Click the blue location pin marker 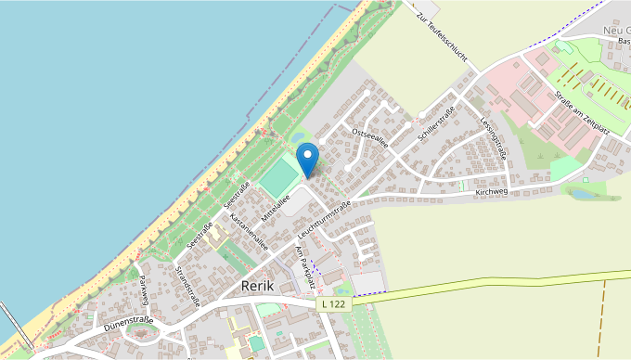point(306,158)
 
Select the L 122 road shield point(335,303)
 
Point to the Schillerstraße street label point(435,124)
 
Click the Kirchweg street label point(492,192)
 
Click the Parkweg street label point(144,290)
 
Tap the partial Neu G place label point(615,31)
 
